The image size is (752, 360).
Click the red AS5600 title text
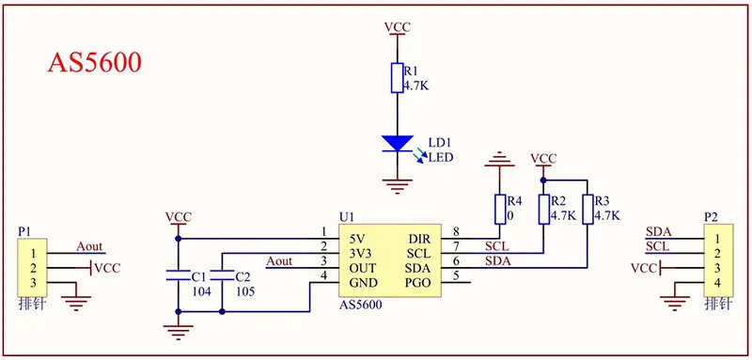(95, 63)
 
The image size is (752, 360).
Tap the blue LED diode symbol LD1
(397, 144)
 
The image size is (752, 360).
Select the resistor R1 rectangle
(397, 78)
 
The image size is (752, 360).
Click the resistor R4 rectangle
(500, 210)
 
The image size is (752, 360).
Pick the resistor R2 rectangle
(543, 210)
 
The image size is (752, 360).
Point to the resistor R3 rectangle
(587, 210)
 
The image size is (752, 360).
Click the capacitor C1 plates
(179, 275)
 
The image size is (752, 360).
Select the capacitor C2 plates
(222, 275)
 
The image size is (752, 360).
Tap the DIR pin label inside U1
(419, 238)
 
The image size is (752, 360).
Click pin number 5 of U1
(456, 275)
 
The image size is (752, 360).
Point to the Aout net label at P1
(89, 246)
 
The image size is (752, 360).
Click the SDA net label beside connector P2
(658, 232)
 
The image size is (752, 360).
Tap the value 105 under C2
(245, 291)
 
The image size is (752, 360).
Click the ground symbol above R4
(500, 160)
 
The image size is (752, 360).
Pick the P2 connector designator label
(711, 217)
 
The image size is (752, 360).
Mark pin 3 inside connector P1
(33, 282)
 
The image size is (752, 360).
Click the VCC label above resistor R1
(397, 27)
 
